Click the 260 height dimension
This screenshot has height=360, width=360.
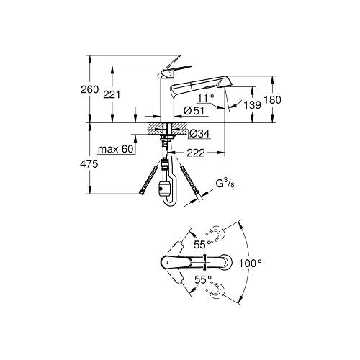coord(90,89)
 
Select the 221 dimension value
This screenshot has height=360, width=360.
coord(112,94)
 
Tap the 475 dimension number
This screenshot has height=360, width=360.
coord(89,164)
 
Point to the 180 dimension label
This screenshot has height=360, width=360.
coord(272,99)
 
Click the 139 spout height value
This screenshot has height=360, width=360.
coord(252,104)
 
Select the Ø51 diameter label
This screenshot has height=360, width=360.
coord(194,111)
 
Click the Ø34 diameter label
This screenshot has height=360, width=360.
coord(199,134)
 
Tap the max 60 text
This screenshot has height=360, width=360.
coord(116,149)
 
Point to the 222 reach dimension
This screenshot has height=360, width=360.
coord(196,153)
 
